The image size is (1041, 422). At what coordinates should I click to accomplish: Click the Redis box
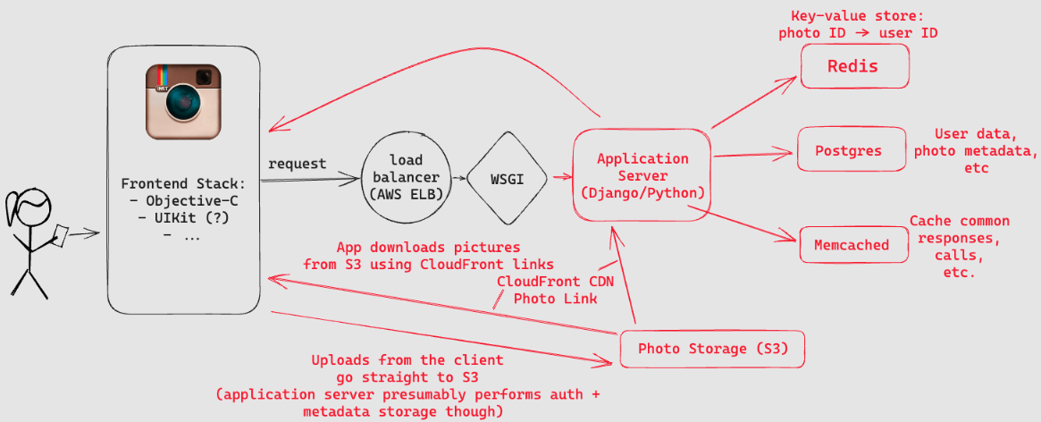[853, 66]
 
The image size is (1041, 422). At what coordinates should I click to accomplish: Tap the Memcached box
[851, 244]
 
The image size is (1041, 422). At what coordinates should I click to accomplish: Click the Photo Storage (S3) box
[713, 349]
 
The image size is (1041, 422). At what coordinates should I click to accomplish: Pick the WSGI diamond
[508, 179]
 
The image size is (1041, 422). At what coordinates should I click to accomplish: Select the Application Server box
[642, 175]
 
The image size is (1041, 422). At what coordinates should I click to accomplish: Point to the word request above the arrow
[298, 165]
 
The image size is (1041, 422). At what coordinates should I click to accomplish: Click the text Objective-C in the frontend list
[190, 201]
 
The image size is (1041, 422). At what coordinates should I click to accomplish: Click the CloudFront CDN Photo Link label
[555, 289]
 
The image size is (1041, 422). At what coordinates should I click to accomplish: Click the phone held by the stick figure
[61, 234]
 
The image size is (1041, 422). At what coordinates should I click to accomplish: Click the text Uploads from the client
[407, 360]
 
